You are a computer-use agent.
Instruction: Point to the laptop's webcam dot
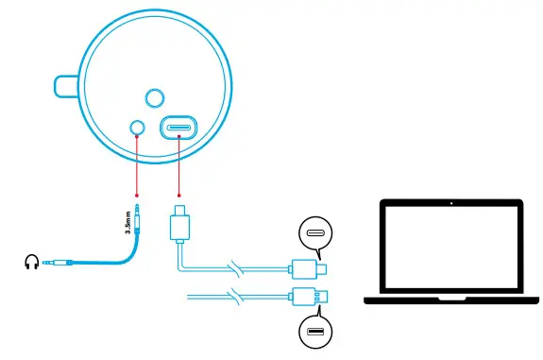[451, 202]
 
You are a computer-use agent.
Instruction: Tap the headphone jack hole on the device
[137, 127]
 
